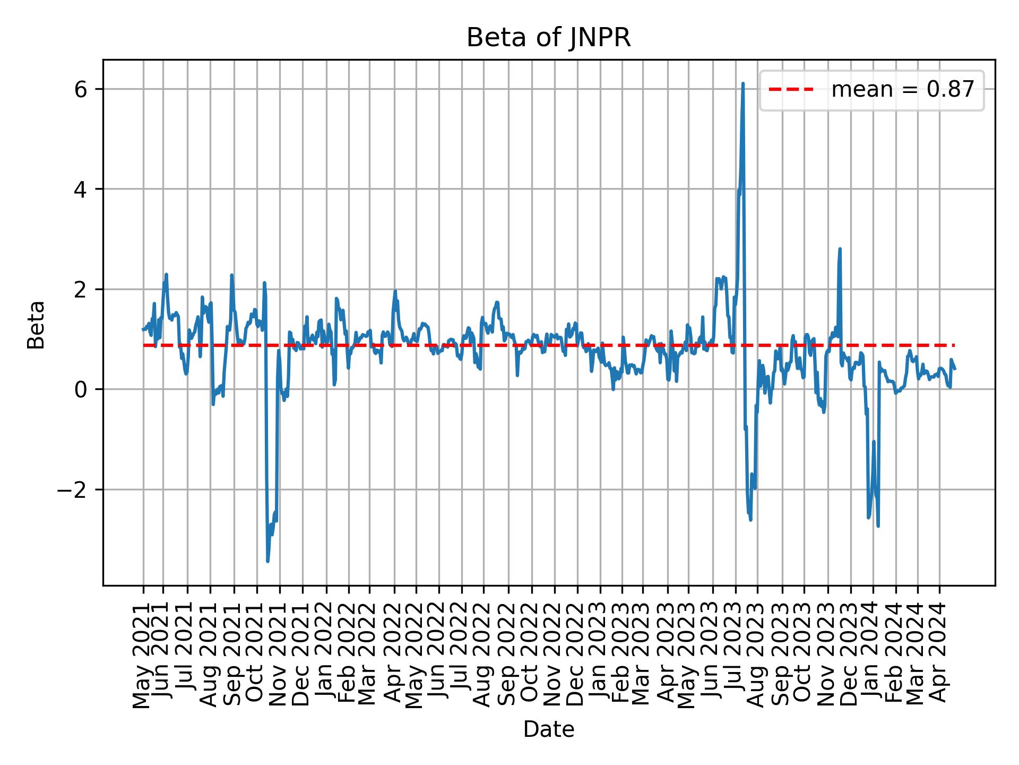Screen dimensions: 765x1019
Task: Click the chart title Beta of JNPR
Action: click(548, 38)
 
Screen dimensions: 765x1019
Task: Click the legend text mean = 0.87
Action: click(902, 90)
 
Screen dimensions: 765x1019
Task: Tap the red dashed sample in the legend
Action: click(791, 90)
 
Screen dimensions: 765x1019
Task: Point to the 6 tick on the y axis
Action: click(81, 89)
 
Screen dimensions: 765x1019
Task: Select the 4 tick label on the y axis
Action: click(81, 189)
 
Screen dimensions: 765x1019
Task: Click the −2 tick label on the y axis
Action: click(72, 489)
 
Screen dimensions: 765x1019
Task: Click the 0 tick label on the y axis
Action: click(81, 389)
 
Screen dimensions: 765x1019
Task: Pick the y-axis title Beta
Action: click(36, 325)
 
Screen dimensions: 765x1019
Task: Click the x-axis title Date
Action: click(548, 729)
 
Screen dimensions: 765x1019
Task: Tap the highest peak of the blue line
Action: click(742, 84)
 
